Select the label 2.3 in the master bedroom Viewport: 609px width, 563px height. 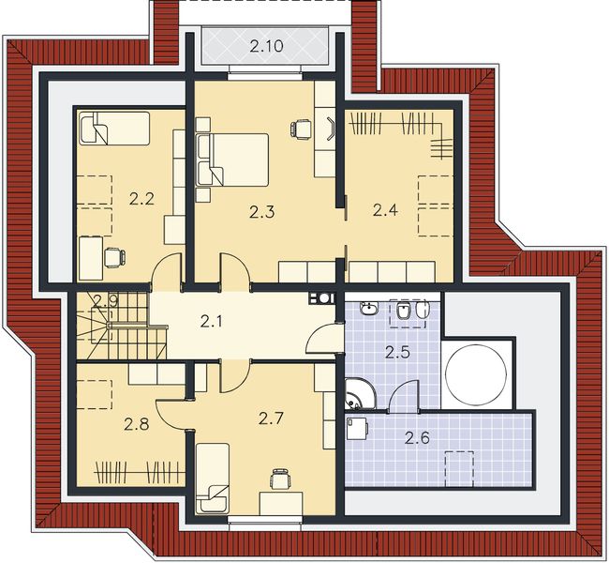(x=262, y=212)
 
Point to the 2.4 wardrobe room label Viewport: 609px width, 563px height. (x=385, y=210)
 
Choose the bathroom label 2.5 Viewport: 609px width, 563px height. (x=398, y=353)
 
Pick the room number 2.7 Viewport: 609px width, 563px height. (x=270, y=418)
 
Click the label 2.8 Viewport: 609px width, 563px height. (x=137, y=423)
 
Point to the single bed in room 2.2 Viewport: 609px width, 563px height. (x=114, y=129)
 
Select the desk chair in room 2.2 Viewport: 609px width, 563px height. (x=113, y=256)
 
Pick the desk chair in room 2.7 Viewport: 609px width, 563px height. (x=278, y=479)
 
